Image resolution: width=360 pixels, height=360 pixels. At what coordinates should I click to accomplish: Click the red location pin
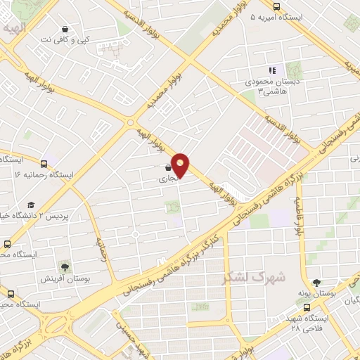(181, 165)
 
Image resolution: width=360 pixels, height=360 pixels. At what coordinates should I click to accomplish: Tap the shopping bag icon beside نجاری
(167, 168)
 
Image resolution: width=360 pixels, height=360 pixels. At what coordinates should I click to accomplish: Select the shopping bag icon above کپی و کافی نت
(65, 30)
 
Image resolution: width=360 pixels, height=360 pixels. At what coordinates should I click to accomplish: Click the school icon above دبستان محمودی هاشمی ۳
(271, 70)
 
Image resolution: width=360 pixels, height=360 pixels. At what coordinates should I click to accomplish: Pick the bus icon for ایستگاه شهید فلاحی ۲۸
(306, 307)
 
